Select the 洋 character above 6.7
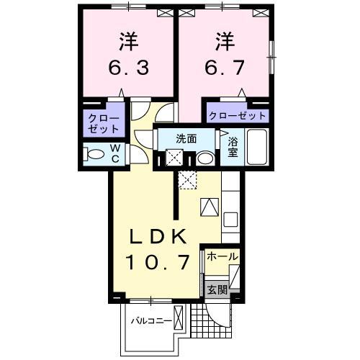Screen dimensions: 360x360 tap(224, 40)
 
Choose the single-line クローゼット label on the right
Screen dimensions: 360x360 tap(238, 115)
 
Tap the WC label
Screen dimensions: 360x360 tap(114, 155)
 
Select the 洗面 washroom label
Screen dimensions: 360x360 tap(186, 139)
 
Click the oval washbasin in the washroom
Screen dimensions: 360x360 tap(205, 158)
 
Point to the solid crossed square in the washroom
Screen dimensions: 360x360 tap(175, 158)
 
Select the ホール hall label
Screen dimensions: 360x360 tap(222, 257)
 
